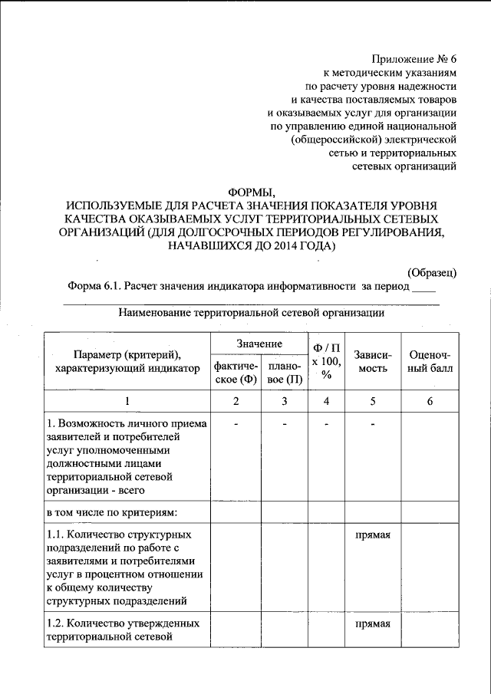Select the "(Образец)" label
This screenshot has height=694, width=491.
pos(432,272)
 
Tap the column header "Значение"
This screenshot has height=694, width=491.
pos(259,344)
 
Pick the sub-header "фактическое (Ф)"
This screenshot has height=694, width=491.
pos(236,373)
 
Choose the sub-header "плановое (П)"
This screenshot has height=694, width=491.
pos(284,373)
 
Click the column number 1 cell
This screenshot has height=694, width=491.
pos(127,402)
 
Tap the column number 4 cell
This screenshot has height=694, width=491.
pos(328,402)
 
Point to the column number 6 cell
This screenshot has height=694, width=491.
pos(430,402)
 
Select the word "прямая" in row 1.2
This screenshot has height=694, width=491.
pos(374,623)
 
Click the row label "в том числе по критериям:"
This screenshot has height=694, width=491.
pos(112,511)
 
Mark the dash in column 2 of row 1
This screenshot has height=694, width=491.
pos(236,424)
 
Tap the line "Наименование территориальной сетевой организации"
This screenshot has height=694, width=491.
pos(252,313)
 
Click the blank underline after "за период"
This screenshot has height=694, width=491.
pos(424,291)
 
